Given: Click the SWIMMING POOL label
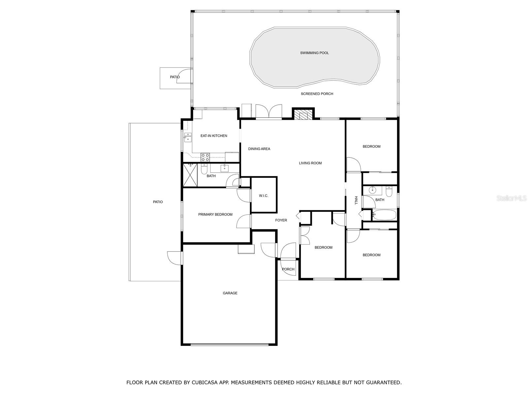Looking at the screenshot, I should point(314,53).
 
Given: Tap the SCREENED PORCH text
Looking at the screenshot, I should point(317,94).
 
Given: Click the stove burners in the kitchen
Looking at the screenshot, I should point(205,157).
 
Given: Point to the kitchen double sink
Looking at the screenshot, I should point(187,137).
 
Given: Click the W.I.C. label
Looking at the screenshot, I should point(263,196).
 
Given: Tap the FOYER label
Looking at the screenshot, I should point(281,220).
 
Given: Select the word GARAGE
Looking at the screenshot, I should point(230,293).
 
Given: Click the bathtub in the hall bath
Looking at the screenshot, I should point(384,215).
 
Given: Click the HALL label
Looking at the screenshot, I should point(356,200).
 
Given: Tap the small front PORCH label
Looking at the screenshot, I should point(288,269).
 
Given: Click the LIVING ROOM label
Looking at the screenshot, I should point(310,163).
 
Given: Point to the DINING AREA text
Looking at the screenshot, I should point(259,149).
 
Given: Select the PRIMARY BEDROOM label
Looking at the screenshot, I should point(215,214).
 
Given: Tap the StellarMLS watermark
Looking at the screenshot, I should point(511,198).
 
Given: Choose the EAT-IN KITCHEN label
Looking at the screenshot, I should point(214,136).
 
